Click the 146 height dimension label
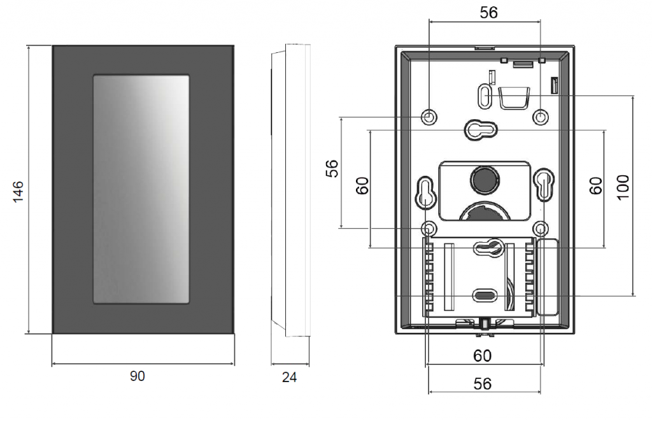pos(18,191)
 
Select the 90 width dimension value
pos(138,376)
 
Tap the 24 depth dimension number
pos(290,377)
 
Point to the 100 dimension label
pos(623,187)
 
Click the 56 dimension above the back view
pos(488,13)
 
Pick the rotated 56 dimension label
pos(332,169)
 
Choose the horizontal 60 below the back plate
pos(483,355)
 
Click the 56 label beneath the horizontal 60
pos(483,383)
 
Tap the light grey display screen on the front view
pos(141,189)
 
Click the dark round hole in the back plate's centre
pos(484,180)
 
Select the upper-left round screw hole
pos(429,117)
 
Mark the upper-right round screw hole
pos(541,117)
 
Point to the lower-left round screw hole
pos(429,229)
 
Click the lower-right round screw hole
pos(541,229)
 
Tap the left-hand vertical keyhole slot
pos(425,193)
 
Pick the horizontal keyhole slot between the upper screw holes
pos(481,130)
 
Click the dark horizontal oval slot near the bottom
pos(485,296)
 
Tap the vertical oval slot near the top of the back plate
pos(485,96)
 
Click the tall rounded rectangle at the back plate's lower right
pos(548,276)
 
